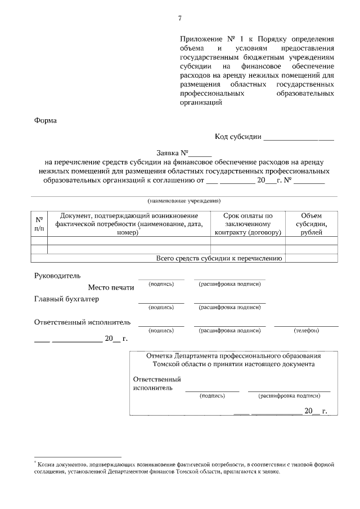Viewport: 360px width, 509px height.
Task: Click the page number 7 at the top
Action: pos(179,18)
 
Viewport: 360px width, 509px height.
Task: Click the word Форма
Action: pos(46,120)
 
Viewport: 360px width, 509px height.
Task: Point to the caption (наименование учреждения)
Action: pos(184,201)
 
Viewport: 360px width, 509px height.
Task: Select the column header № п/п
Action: pos(39,224)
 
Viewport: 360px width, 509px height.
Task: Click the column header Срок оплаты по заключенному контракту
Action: pos(247,224)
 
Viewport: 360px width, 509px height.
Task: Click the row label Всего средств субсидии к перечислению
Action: pos(218,258)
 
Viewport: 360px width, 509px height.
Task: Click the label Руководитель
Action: pos(57,276)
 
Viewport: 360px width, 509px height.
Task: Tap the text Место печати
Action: pos(111,287)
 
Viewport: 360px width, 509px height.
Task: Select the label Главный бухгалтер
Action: pos(66,299)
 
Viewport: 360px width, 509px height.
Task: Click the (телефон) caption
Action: pos(306,330)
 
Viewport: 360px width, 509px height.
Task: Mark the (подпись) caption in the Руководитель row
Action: pos(161,284)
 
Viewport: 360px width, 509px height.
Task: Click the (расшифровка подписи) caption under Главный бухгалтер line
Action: pos(229,307)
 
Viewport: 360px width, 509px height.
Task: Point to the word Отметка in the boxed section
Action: pos(159,356)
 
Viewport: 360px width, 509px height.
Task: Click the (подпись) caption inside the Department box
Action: pos(212,395)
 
